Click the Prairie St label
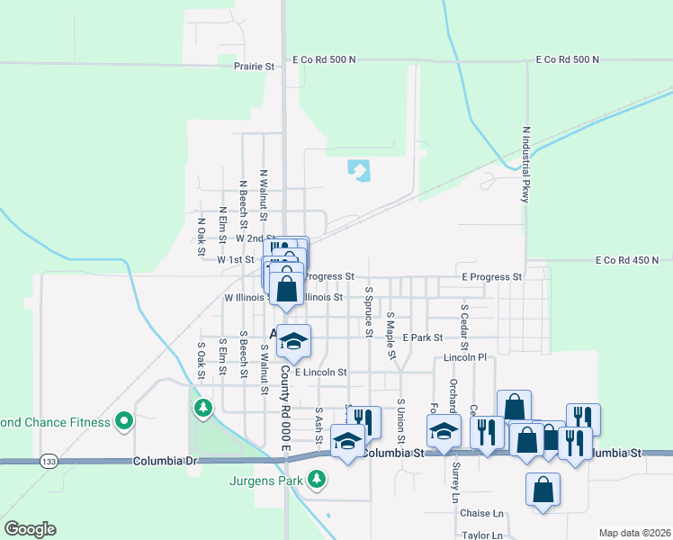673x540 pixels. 254,67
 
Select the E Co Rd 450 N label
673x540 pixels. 633,261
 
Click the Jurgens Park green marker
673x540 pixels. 316,480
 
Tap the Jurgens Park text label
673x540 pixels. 266,480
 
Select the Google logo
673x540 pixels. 30,529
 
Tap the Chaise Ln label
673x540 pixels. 481,513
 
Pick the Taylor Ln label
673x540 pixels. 482,535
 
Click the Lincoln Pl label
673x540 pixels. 465,358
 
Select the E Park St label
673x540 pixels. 423,337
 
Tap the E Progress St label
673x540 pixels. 491,278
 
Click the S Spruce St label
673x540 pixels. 369,312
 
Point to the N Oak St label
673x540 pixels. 202,231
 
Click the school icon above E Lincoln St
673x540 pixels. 293,341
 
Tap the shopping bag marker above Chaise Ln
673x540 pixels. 543,490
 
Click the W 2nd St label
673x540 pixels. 253,239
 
